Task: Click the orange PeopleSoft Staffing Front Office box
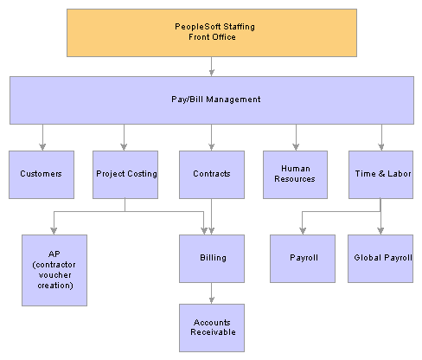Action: (212, 33)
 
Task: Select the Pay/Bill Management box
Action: (212, 100)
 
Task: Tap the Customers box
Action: (42, 175)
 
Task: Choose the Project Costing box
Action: (125, 175)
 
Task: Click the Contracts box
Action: (212, 175)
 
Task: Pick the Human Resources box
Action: (295, 175)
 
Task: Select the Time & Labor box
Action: (380, 175)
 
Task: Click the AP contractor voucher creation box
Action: (54, 270)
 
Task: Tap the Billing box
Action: (212, 259)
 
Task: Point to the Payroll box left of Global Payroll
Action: (303, 259)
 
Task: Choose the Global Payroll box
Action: (380, 259)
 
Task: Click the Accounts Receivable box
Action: (212, 328)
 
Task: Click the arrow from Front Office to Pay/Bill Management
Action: (212, 67)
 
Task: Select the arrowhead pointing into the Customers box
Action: (42, 147)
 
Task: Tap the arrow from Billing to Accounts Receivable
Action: (212, 293)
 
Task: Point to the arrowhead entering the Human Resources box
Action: (296, 147)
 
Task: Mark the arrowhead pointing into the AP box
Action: (54, 231)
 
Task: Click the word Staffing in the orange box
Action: (239, 27)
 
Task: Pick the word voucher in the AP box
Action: (54, 275)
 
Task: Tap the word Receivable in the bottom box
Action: (213, 332)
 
